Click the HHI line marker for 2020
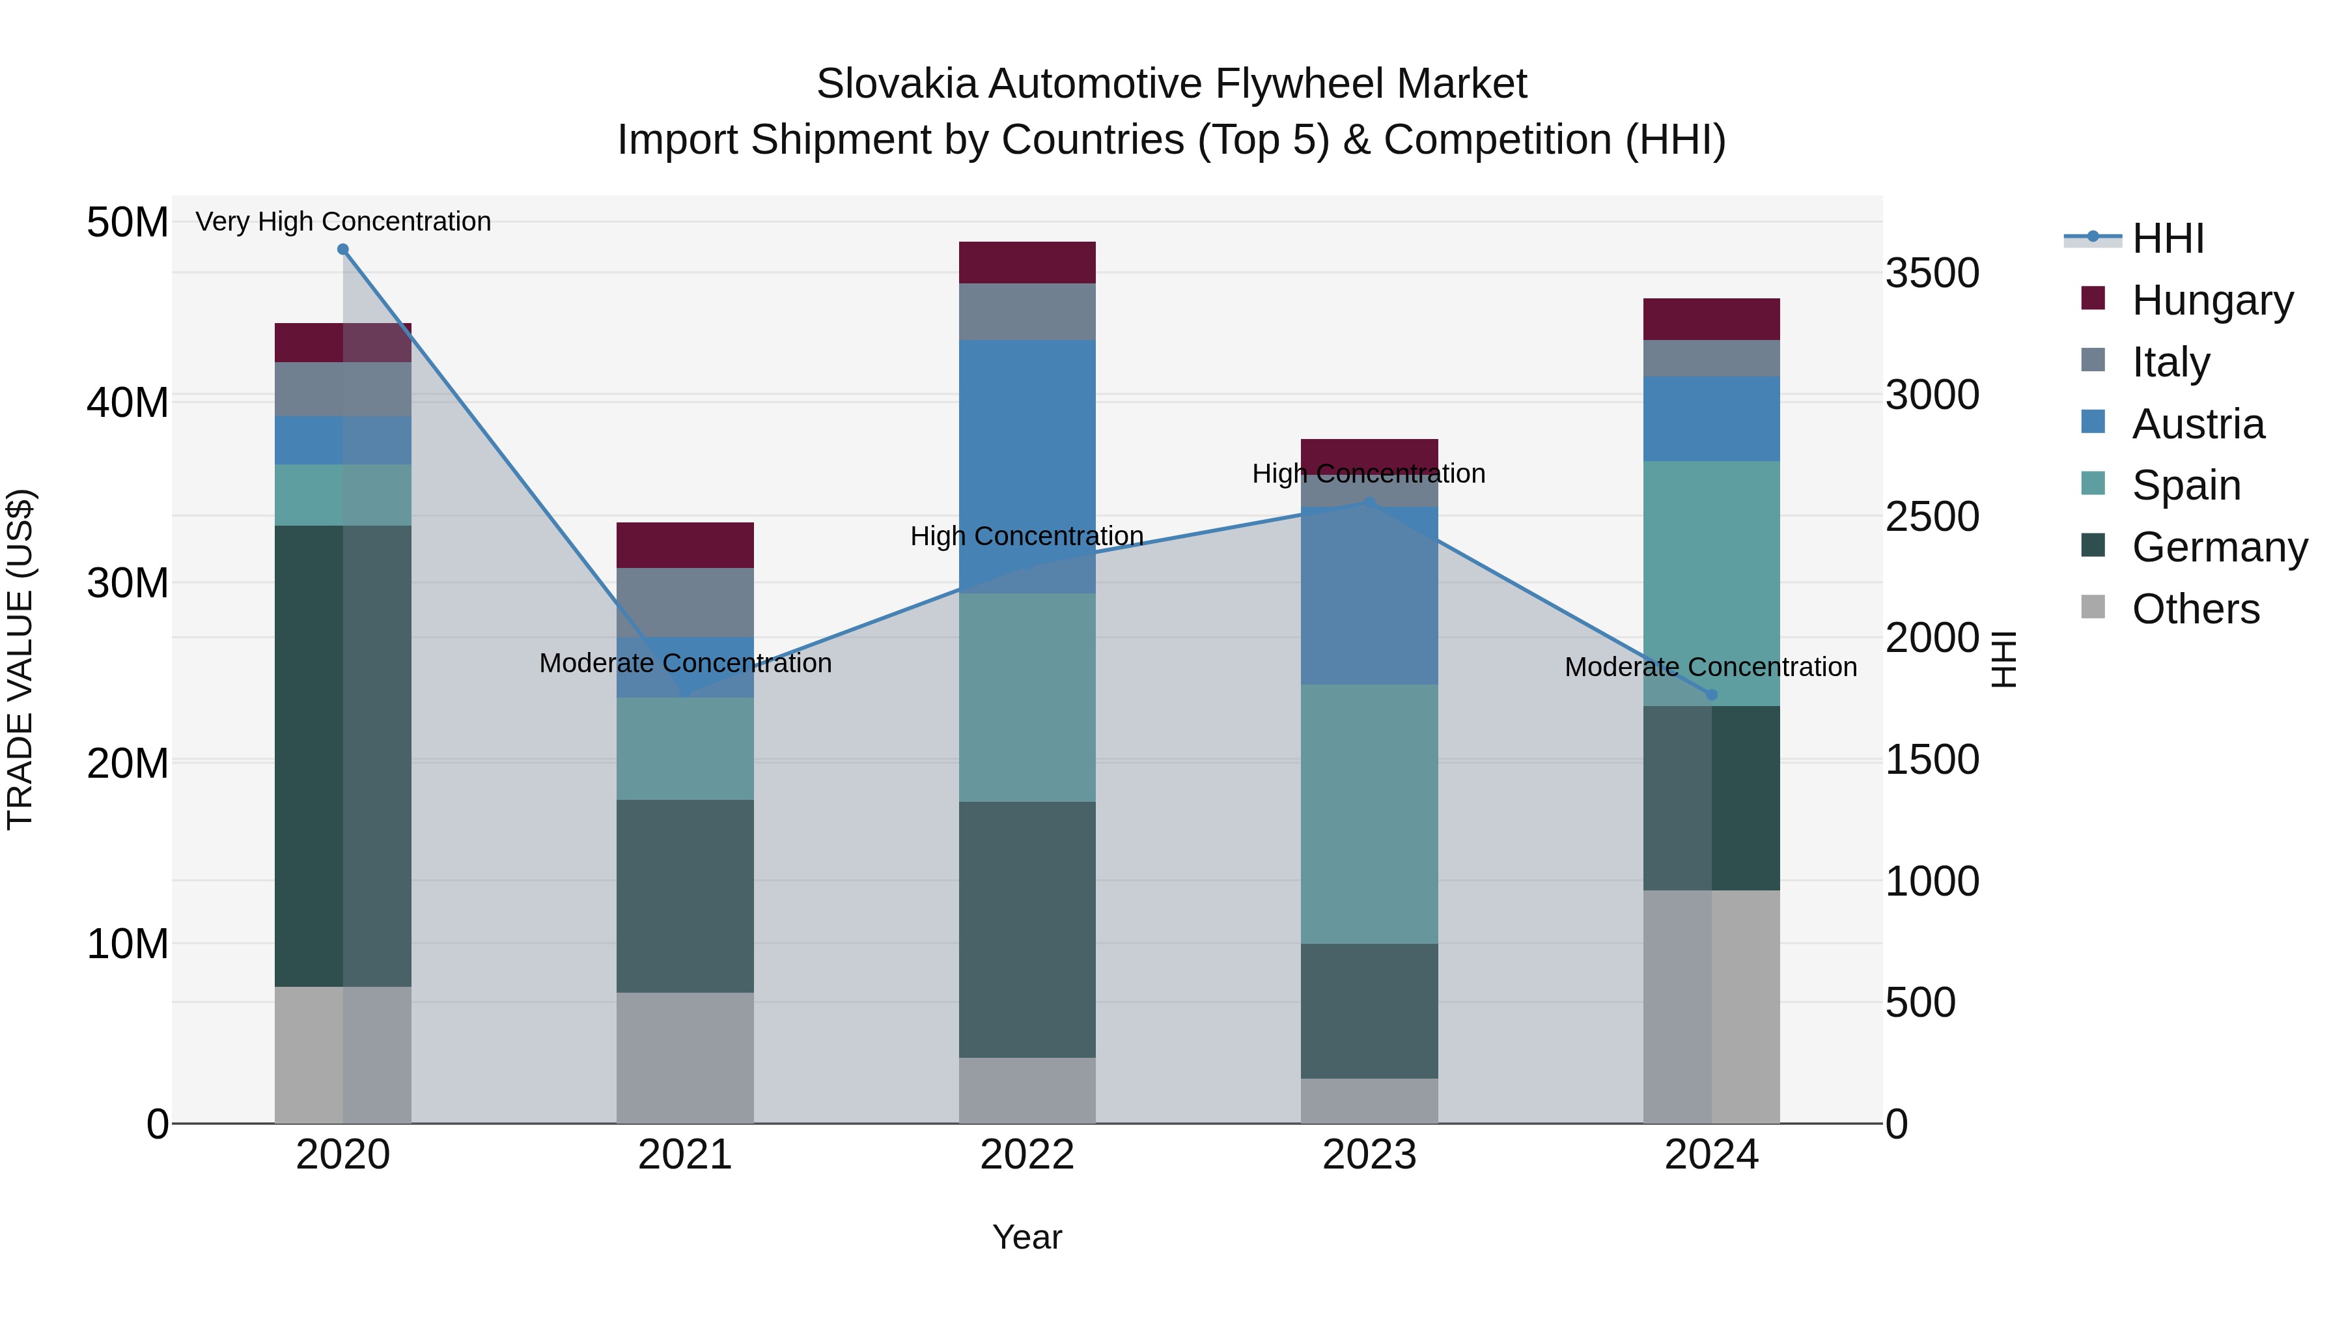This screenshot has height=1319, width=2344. tap(343, 249)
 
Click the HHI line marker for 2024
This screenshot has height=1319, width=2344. tap(1710, 694)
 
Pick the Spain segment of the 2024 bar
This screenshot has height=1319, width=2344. tap(1710, 582)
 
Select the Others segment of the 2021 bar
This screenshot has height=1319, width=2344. tap(685, 1057)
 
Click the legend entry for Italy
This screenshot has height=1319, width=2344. tap(2170, 362)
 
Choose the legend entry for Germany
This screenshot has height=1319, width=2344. tap(2218, 547)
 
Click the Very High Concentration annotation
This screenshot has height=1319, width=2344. tap(343, 221)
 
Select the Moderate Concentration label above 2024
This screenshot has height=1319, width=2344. tap(1710, 666)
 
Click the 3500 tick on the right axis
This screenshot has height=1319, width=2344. tap(1931, 273)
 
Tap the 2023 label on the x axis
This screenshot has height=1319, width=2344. tap(1369, 1155)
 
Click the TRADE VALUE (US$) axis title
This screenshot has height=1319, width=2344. tap(20, 659)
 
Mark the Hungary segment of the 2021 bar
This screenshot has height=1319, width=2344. tap(685, 545)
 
